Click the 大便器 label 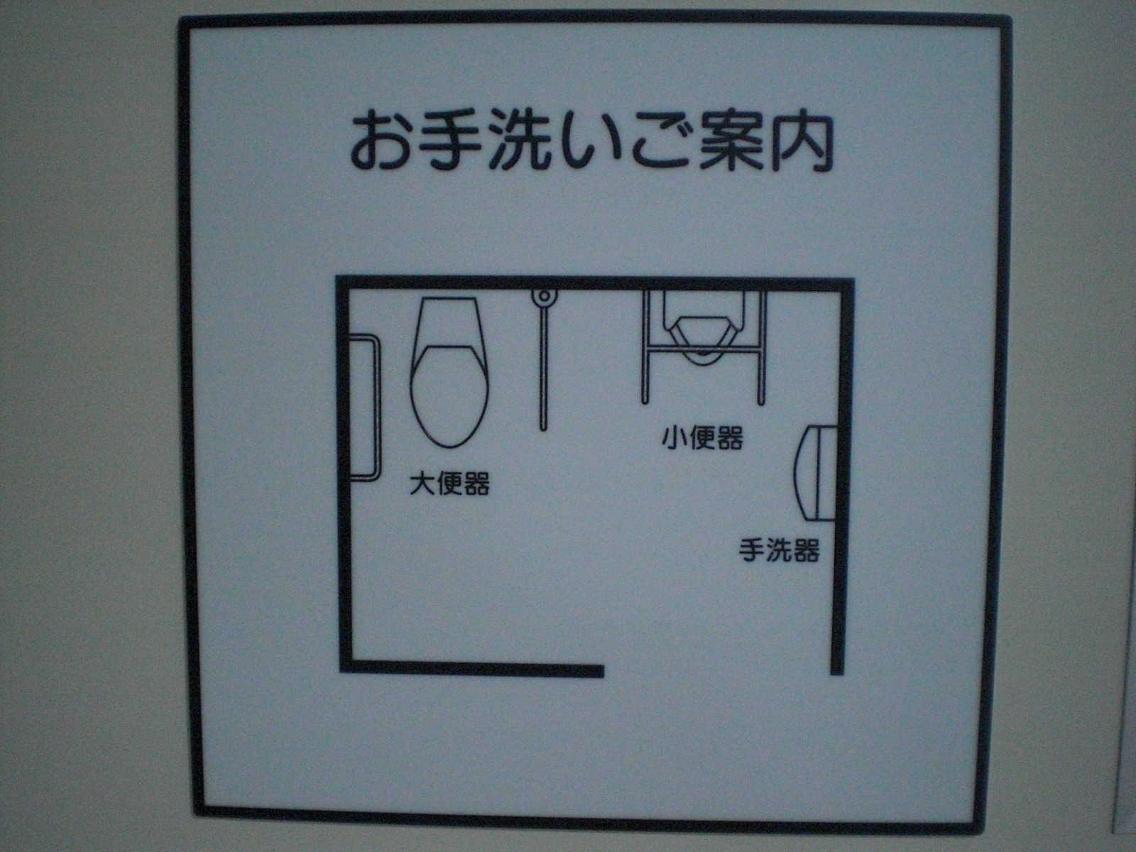tap(449, 484)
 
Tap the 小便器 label tap(702, 437)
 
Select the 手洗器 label tap(779, 550)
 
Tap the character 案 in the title tap(731, 143)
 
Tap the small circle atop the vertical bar tap(544, 296)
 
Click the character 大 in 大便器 tap(422, 484)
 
